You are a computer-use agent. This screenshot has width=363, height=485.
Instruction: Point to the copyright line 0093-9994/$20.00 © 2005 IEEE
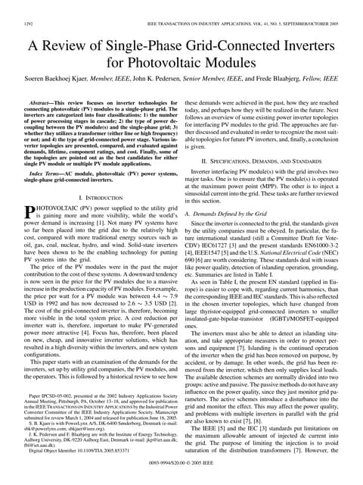tap(181, 477)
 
